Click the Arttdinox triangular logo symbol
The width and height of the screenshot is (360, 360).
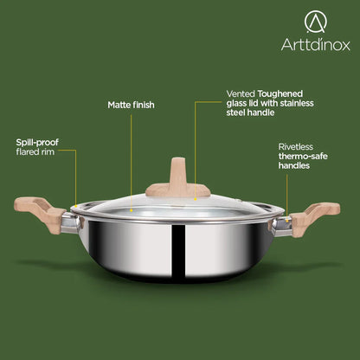(x=316, y=22)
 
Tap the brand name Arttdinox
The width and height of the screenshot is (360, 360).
(x=316, y=45)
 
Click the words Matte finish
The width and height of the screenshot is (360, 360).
(x=131, y=105)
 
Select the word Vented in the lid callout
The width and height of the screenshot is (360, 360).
(x=241, y=93)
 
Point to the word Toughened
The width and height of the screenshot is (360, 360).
(x=280, y=94)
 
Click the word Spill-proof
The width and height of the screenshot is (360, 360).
(x=37, y=143)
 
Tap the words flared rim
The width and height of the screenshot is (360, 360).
(x=35, y=151)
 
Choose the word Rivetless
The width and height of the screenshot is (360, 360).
(x=296, y=147)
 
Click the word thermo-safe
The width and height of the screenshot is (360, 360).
(x=303, y=156)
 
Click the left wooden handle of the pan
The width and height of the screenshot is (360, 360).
(x=40, y=213)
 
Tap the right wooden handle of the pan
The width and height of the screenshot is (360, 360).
(x=314, y=218)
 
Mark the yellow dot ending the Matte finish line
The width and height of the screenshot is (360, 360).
(x=132, y=210)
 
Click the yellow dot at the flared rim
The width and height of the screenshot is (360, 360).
(x=76, y=206)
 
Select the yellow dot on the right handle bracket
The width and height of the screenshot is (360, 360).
(x=287, y=221)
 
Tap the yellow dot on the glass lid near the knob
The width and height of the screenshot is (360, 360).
(x=196, y=199)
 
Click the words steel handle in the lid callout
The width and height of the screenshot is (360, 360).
(x=250, y=112)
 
